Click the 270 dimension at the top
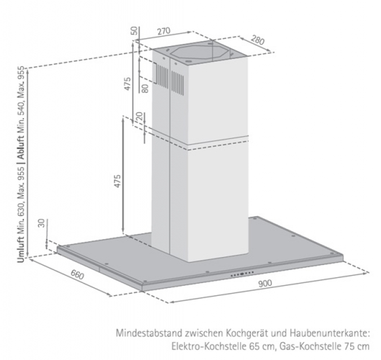tap(164, 31)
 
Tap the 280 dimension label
tap(257, 40)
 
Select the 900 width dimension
tap(265, 283)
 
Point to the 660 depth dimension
tap(78, 275)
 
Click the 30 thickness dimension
tap(42, 223)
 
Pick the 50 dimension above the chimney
tap(134, 30)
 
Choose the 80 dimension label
tap(145, 88)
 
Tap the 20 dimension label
tap(140, 116)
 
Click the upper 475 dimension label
tap(128, 84)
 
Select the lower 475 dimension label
tap(117, 181)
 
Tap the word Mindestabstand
tap(149, 333)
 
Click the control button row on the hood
tap(242, 274)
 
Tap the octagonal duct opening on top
tap(199, 53)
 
